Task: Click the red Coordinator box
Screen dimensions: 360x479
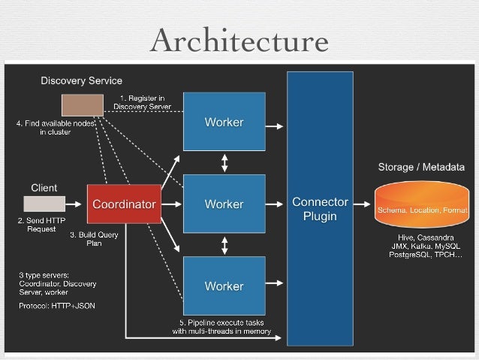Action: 124,204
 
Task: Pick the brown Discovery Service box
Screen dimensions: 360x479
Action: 82,104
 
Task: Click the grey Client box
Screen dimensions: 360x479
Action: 44,204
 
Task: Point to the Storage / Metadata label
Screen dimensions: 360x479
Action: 420,167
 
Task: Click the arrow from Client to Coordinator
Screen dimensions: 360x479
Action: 75,204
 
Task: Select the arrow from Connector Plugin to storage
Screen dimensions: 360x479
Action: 363,204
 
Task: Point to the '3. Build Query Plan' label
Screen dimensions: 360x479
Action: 94,238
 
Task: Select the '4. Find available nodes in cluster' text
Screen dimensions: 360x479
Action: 56,127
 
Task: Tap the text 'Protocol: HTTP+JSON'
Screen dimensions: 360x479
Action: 57,305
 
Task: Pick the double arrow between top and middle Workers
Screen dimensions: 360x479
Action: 224,163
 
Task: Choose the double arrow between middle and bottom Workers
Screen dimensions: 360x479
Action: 224,245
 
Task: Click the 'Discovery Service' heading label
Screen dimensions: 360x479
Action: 81,80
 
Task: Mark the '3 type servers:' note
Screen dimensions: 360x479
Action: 45,275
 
